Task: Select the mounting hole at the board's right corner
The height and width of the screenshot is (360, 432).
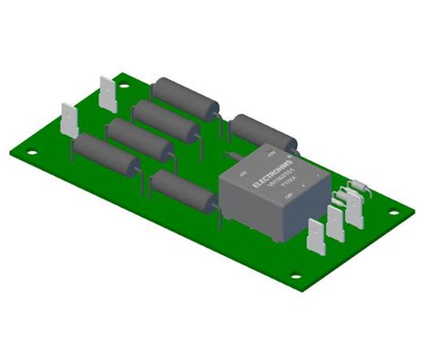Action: (395, 213)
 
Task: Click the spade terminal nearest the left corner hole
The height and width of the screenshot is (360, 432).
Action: (70, 122)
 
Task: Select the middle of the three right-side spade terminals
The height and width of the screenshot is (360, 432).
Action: (335, 221)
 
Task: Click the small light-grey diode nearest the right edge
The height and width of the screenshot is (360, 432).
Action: (356, 185)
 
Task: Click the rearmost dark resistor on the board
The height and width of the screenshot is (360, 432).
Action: (187, 97)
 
